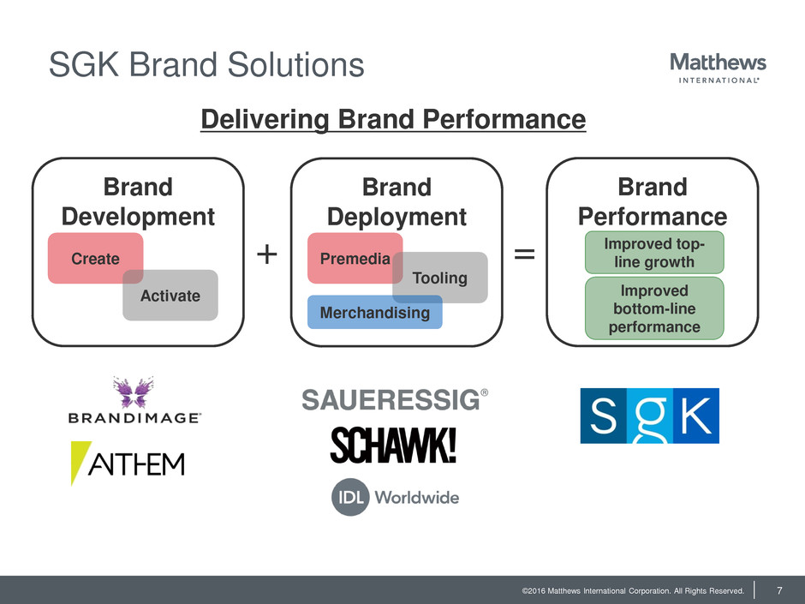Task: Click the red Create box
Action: coord(90,258)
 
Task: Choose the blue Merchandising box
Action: coord(374,313)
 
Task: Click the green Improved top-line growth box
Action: coord(654,252)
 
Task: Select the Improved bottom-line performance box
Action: coord(654,308)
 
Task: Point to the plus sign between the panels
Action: coord(267,254)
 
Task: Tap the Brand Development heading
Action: coord(138,201)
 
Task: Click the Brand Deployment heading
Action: coord(397,201)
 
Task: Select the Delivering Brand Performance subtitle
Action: coord(393,119)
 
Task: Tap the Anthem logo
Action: coord(128,463)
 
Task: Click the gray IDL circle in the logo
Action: coord(349,497)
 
